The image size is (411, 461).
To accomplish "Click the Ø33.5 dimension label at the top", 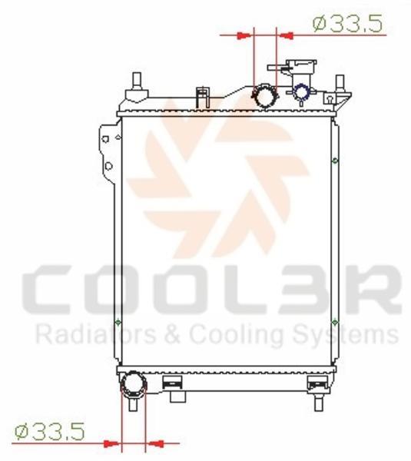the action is [x=348, y=24].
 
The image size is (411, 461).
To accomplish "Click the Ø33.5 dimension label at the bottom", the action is [x=50, y=431].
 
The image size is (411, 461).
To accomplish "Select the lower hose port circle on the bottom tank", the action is [x=134, y=385].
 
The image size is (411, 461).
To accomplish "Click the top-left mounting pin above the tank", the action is [x=137, y=81].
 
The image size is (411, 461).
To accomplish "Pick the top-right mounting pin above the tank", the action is [x=340, y=82].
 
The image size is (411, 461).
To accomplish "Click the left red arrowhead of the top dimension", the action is [x=244, y=35].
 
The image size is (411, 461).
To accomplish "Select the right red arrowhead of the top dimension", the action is [x=286, y=35].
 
